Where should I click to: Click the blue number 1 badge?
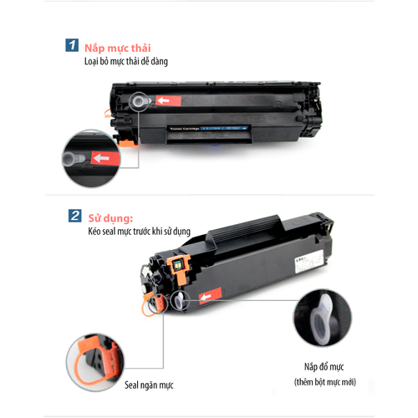tap(72, 48)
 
